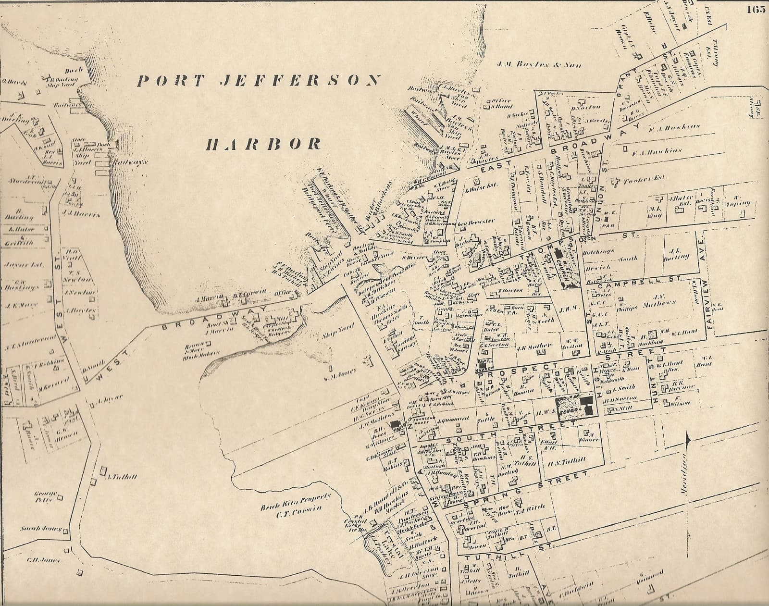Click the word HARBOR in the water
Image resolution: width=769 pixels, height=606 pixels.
[x=263, y=143]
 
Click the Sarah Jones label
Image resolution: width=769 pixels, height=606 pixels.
[x=41, y=529]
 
